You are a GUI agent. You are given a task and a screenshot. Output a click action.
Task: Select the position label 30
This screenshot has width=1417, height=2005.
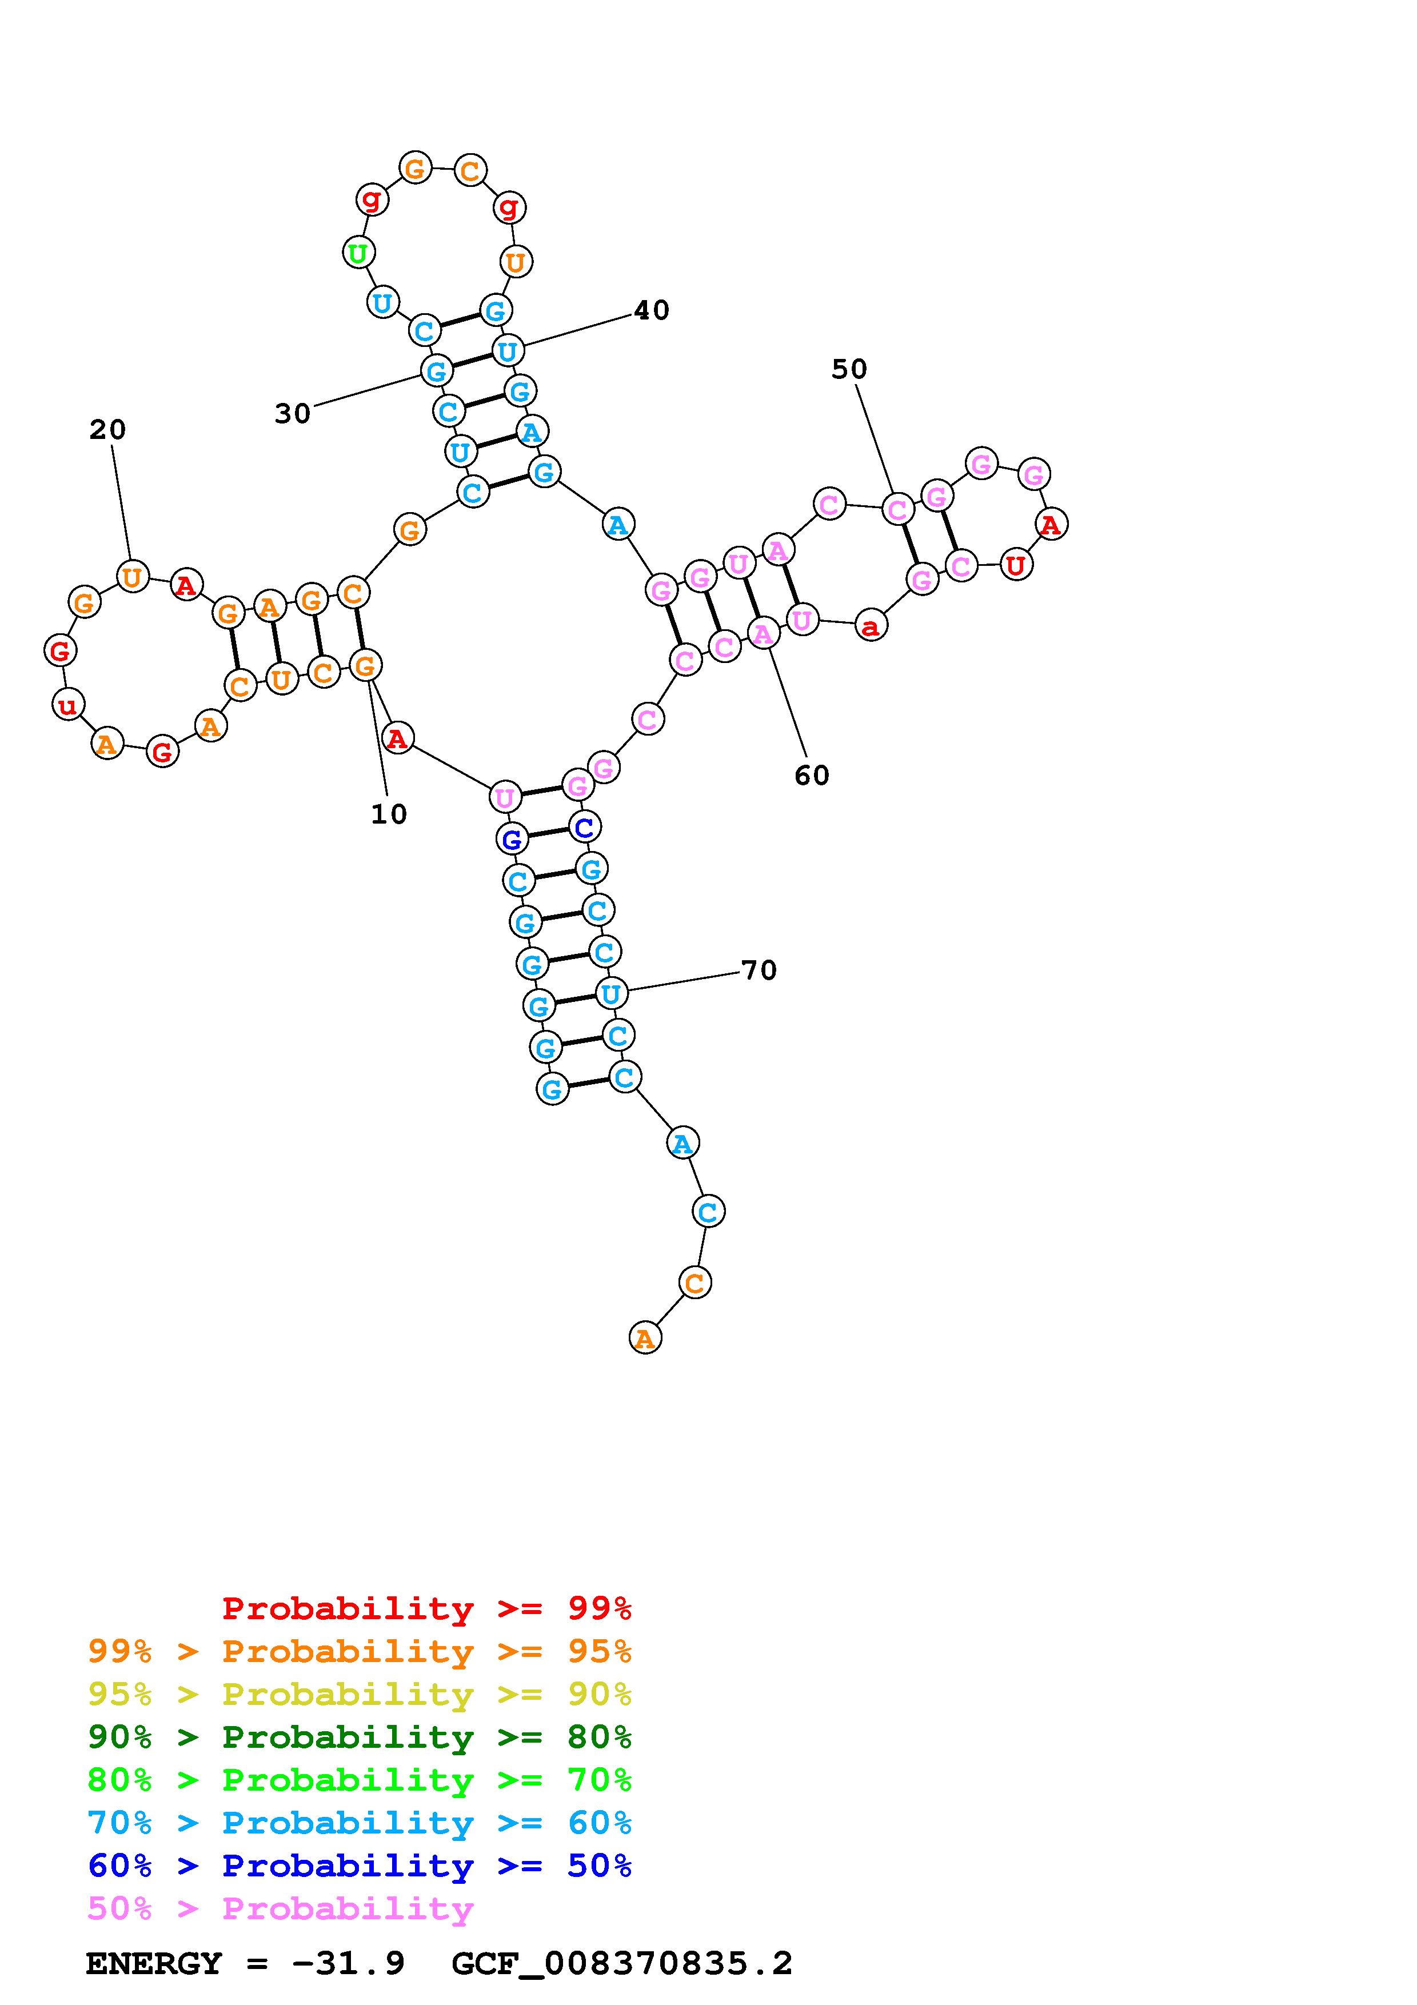click(x=293, y=413)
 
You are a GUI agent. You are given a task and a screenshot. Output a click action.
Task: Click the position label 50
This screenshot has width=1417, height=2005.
click(x=849, y=369)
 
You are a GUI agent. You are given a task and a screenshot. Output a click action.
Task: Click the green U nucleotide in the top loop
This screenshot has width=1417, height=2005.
click(x=358, y=253)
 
